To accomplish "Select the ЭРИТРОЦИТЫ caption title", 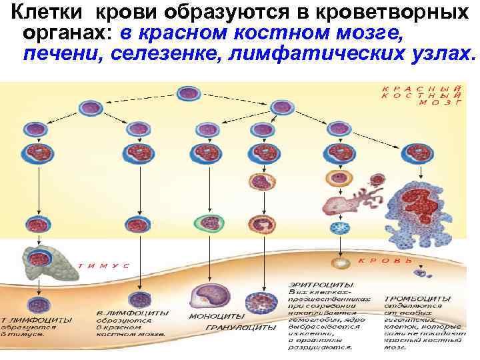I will [313, 283].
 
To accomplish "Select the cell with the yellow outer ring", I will [333, 179].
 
